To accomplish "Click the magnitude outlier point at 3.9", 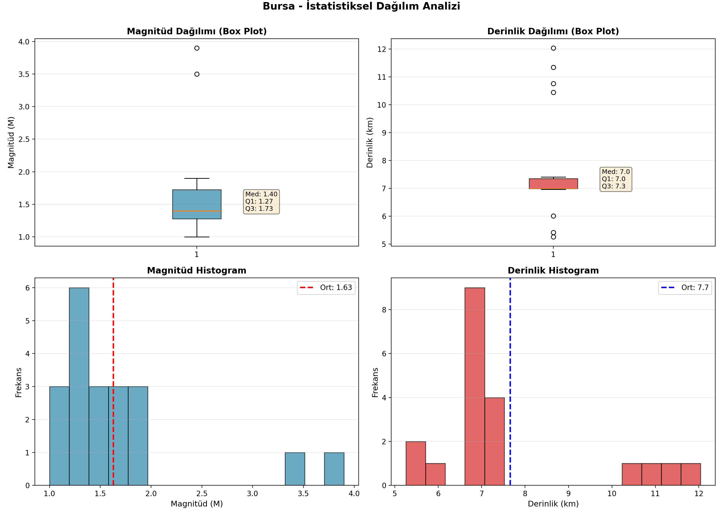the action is pos(197,48).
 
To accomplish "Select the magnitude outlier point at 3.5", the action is pos(197,74).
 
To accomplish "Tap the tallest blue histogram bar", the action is pos(79,386).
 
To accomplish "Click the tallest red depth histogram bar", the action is pos(475,386).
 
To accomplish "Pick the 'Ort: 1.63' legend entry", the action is pos(326,288).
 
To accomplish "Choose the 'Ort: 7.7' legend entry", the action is pos(685,288).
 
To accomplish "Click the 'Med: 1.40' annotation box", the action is pos(261,201).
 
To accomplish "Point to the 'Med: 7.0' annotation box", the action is pos(616,179).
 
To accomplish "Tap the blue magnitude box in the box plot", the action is pos(197,204).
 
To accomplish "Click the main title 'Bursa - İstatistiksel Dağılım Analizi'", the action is pos(361,6).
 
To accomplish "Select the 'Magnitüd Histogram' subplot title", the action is pos(197,270).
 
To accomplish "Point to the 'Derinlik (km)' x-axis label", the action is pos(553,504).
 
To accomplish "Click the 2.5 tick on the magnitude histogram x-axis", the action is pos(202,494).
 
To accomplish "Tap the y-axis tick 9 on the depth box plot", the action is pos(384,133).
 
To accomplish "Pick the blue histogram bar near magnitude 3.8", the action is pos(334,469).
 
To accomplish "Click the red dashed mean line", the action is pos(113,382).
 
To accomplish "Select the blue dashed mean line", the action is pos(510,382).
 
